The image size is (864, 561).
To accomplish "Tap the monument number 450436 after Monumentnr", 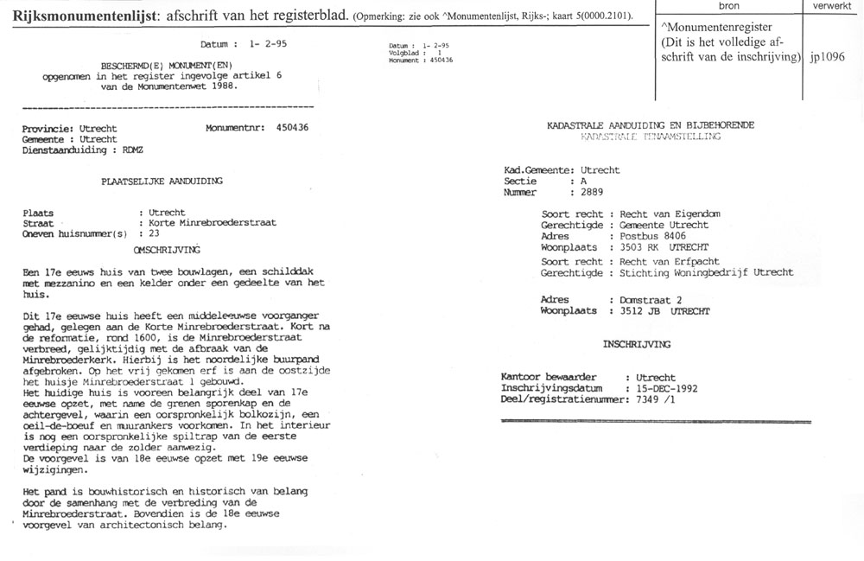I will pyautogui.click(x=292, y=127).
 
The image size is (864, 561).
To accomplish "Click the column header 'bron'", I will pyautogui.click(x=729, y=6).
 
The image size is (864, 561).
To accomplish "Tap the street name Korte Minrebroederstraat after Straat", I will pyautogui.click(x=207, y=222).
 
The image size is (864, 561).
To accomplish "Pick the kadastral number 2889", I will pyautogui.click(x=594, y=193).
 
